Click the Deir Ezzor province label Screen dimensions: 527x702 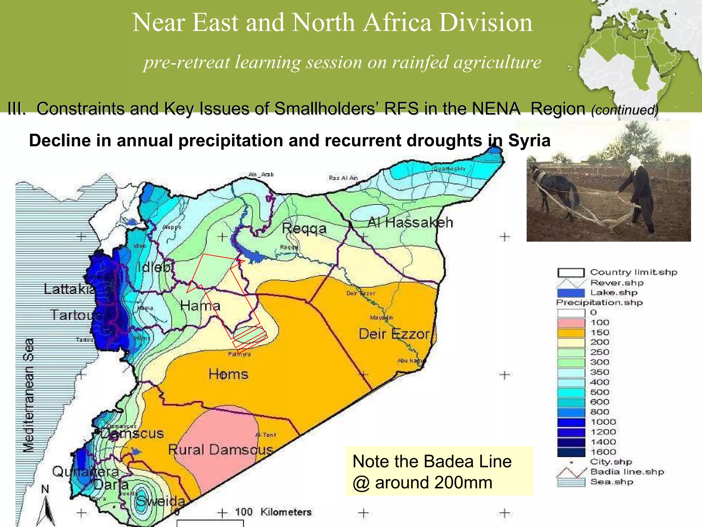pyautogui.click(x=394, y=334)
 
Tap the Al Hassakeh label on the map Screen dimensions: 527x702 pyautogui.click(x=410, y=223)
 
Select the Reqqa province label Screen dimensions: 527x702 pyautogui.click(x=304, y=229)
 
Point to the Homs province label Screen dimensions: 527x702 pyautogui.click(x=228, y=374)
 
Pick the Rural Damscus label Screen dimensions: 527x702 pyautogui.click(x=220, y=450)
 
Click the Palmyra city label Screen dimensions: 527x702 pyautogui.click(x=240, y=354)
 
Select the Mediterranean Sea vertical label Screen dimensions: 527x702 pyautogui.click(x=29, y=395)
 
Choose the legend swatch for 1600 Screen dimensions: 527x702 pyautogui.click(x=571, y=452)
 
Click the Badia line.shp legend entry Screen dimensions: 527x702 pyautogui.click(x=627, y=472)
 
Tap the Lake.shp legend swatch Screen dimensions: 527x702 pyautogui.click(x=571, y=293)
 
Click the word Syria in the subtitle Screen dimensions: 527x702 pyautogui.click(x=529, y=141)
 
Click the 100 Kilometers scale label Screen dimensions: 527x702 pyautogui.click(x=273, y=512)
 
